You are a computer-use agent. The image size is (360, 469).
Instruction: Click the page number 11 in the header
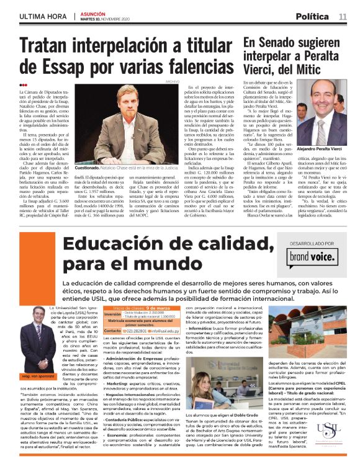pyautogui.click(x=343, y=16)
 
